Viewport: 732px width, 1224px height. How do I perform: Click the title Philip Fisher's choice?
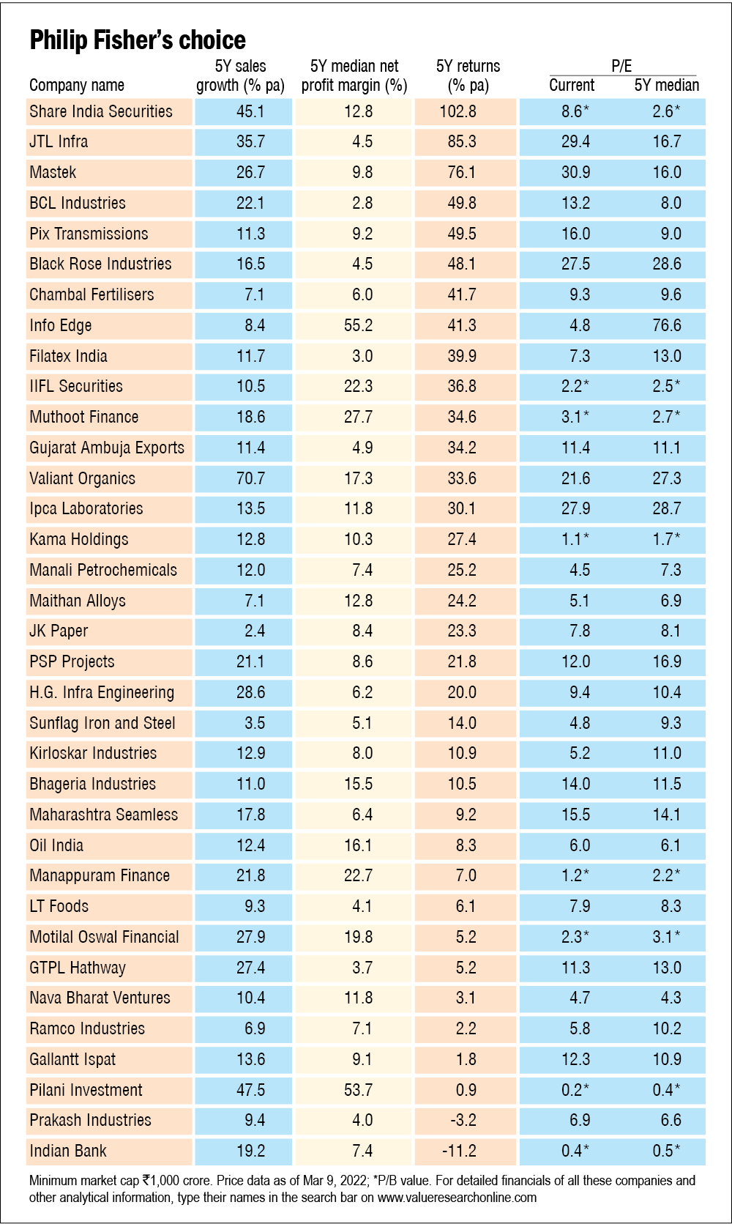point(138,40)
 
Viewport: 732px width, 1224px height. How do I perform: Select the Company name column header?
point(77,85)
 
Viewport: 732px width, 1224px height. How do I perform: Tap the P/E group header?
point(621,66)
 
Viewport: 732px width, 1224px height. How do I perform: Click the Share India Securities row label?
point(101,111)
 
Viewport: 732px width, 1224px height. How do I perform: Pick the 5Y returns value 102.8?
point(462,111)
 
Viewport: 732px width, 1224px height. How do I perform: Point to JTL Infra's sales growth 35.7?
point(250,141)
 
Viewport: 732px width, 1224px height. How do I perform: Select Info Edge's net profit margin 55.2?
point(358,325)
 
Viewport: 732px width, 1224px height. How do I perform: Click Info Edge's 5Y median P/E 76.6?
point(667,325)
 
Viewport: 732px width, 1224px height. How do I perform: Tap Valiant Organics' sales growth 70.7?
point(250,478)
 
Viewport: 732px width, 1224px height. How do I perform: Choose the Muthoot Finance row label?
point(84,417)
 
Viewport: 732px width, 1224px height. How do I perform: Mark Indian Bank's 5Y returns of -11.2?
point(459,1151)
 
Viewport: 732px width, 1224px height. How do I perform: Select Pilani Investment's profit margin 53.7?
point(358,1090)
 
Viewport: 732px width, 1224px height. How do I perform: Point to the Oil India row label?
point(56,845)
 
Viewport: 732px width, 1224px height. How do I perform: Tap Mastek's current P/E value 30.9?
point(575,172)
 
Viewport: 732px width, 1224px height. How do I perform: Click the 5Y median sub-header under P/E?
point(666,85)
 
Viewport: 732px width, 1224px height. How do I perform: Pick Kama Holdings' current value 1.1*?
point(575,539)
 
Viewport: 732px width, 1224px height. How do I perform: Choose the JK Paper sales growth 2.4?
point(255,631)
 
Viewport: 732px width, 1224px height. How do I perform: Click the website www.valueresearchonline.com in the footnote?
point(457,1198)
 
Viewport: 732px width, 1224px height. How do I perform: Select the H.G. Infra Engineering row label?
point(102,692)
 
